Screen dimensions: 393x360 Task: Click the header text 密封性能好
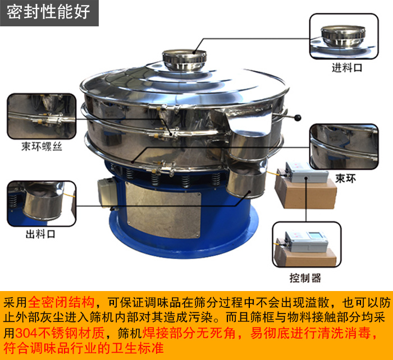point(48,12)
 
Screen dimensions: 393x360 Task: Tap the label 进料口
point(347,68)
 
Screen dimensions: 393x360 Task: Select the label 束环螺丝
point(42,147)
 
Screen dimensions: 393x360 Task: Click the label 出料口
point(40,234)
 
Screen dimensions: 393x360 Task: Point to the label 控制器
point(305,278)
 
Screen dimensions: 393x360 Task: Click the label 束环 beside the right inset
point(346,179)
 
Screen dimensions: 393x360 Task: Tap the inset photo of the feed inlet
point(344,36)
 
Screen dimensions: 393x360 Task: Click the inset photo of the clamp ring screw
point(42,117)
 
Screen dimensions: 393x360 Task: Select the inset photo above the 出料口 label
point(42,204)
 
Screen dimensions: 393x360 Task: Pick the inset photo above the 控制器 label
point(307,244)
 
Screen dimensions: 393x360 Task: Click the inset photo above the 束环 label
point(344,147)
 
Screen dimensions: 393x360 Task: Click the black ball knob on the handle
point(298,117)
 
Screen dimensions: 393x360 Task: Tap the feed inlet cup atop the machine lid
point(185,59)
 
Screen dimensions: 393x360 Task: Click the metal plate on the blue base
point(163,210)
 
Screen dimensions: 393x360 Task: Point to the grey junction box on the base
point(107,192)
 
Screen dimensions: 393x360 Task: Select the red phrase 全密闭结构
point(61,302)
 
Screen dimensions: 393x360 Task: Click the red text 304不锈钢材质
point(60,333)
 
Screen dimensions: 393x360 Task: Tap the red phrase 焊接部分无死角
point(189,333)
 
